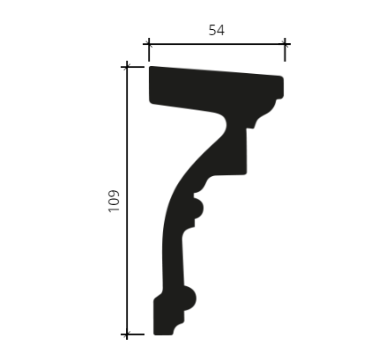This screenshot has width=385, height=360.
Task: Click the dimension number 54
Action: [217, 30]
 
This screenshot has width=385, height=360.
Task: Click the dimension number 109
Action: [114, 201]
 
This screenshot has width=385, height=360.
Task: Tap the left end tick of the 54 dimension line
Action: [149, 44]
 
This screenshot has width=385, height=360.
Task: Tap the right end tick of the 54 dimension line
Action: [285, 44]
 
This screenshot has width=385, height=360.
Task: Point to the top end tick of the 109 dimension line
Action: [127, 67]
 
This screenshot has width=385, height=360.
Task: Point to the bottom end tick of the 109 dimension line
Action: [127, 334]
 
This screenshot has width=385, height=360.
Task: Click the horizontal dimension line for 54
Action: [217, 44]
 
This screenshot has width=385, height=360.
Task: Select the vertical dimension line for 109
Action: [127, 201]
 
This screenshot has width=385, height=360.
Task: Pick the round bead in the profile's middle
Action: [197, 209]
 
